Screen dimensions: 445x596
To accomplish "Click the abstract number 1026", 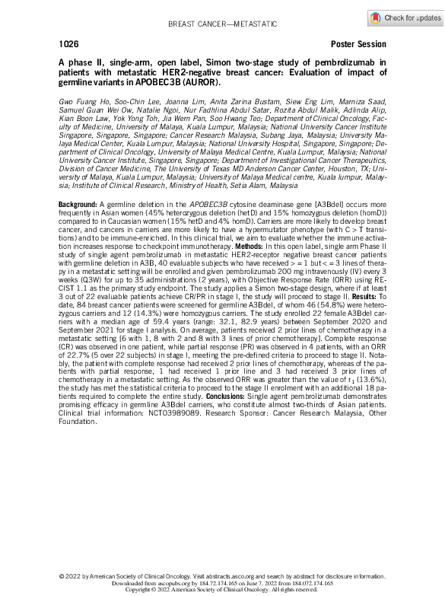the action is (67, 44).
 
